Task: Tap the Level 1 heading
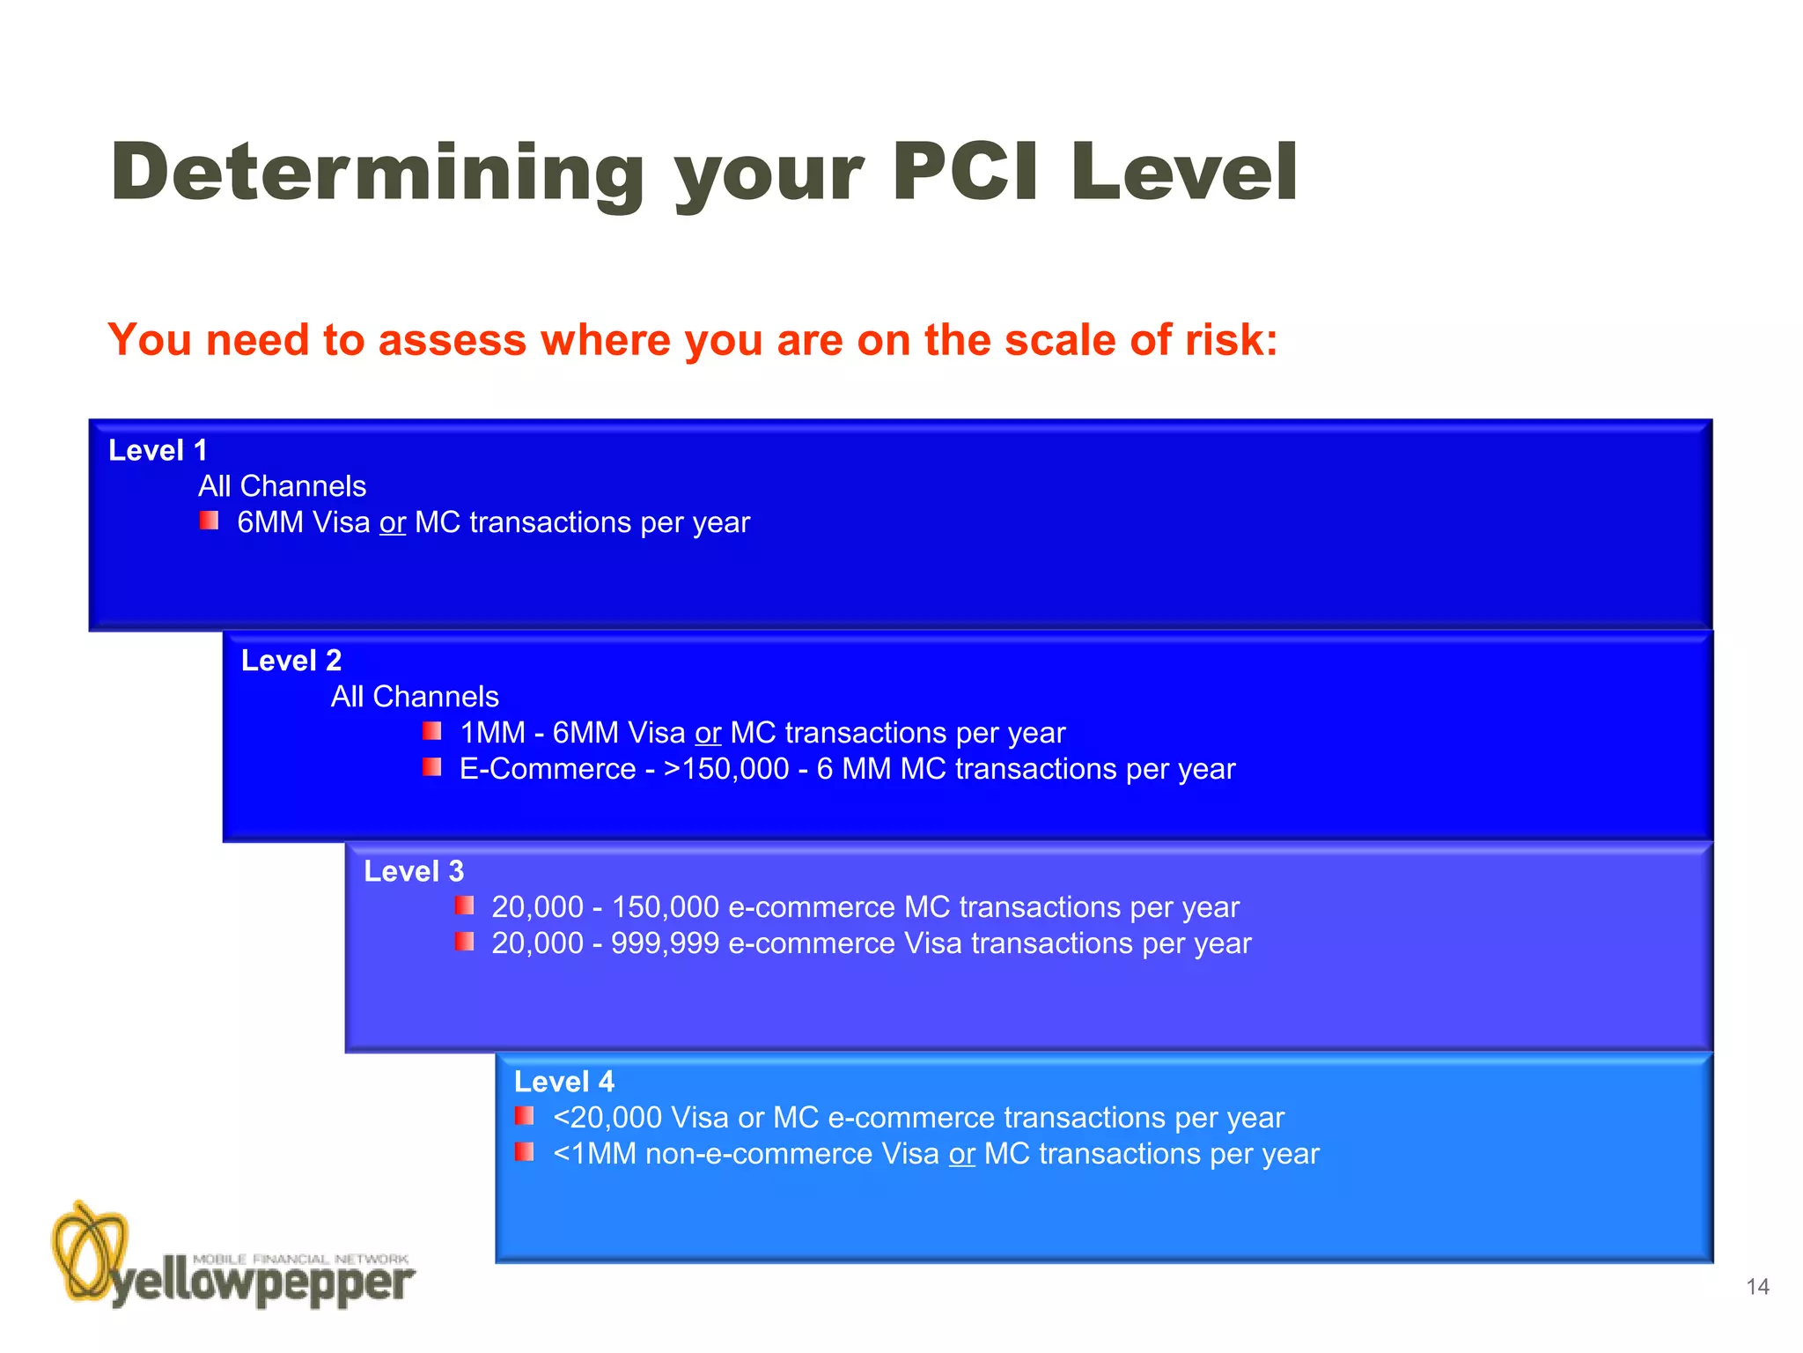coord(158,450)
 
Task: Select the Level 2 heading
coord(291,661)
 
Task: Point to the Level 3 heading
coord(413,871)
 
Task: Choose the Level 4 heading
coord(563,1082)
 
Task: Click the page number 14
coord(1757,1287)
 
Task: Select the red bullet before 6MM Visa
coord(209,521)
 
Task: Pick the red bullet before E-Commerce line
coord(431,767)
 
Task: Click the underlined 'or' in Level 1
coord(393,522)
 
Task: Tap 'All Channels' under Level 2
coord(415,697)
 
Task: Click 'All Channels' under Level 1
coord(282,486)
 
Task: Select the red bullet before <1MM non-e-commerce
coord(525,1152)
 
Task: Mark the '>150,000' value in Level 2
coord(726,769)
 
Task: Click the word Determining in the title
coord(378,173)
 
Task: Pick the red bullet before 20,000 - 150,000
coord(464,906)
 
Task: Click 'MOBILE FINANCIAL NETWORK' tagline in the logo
coord(300,1259)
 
